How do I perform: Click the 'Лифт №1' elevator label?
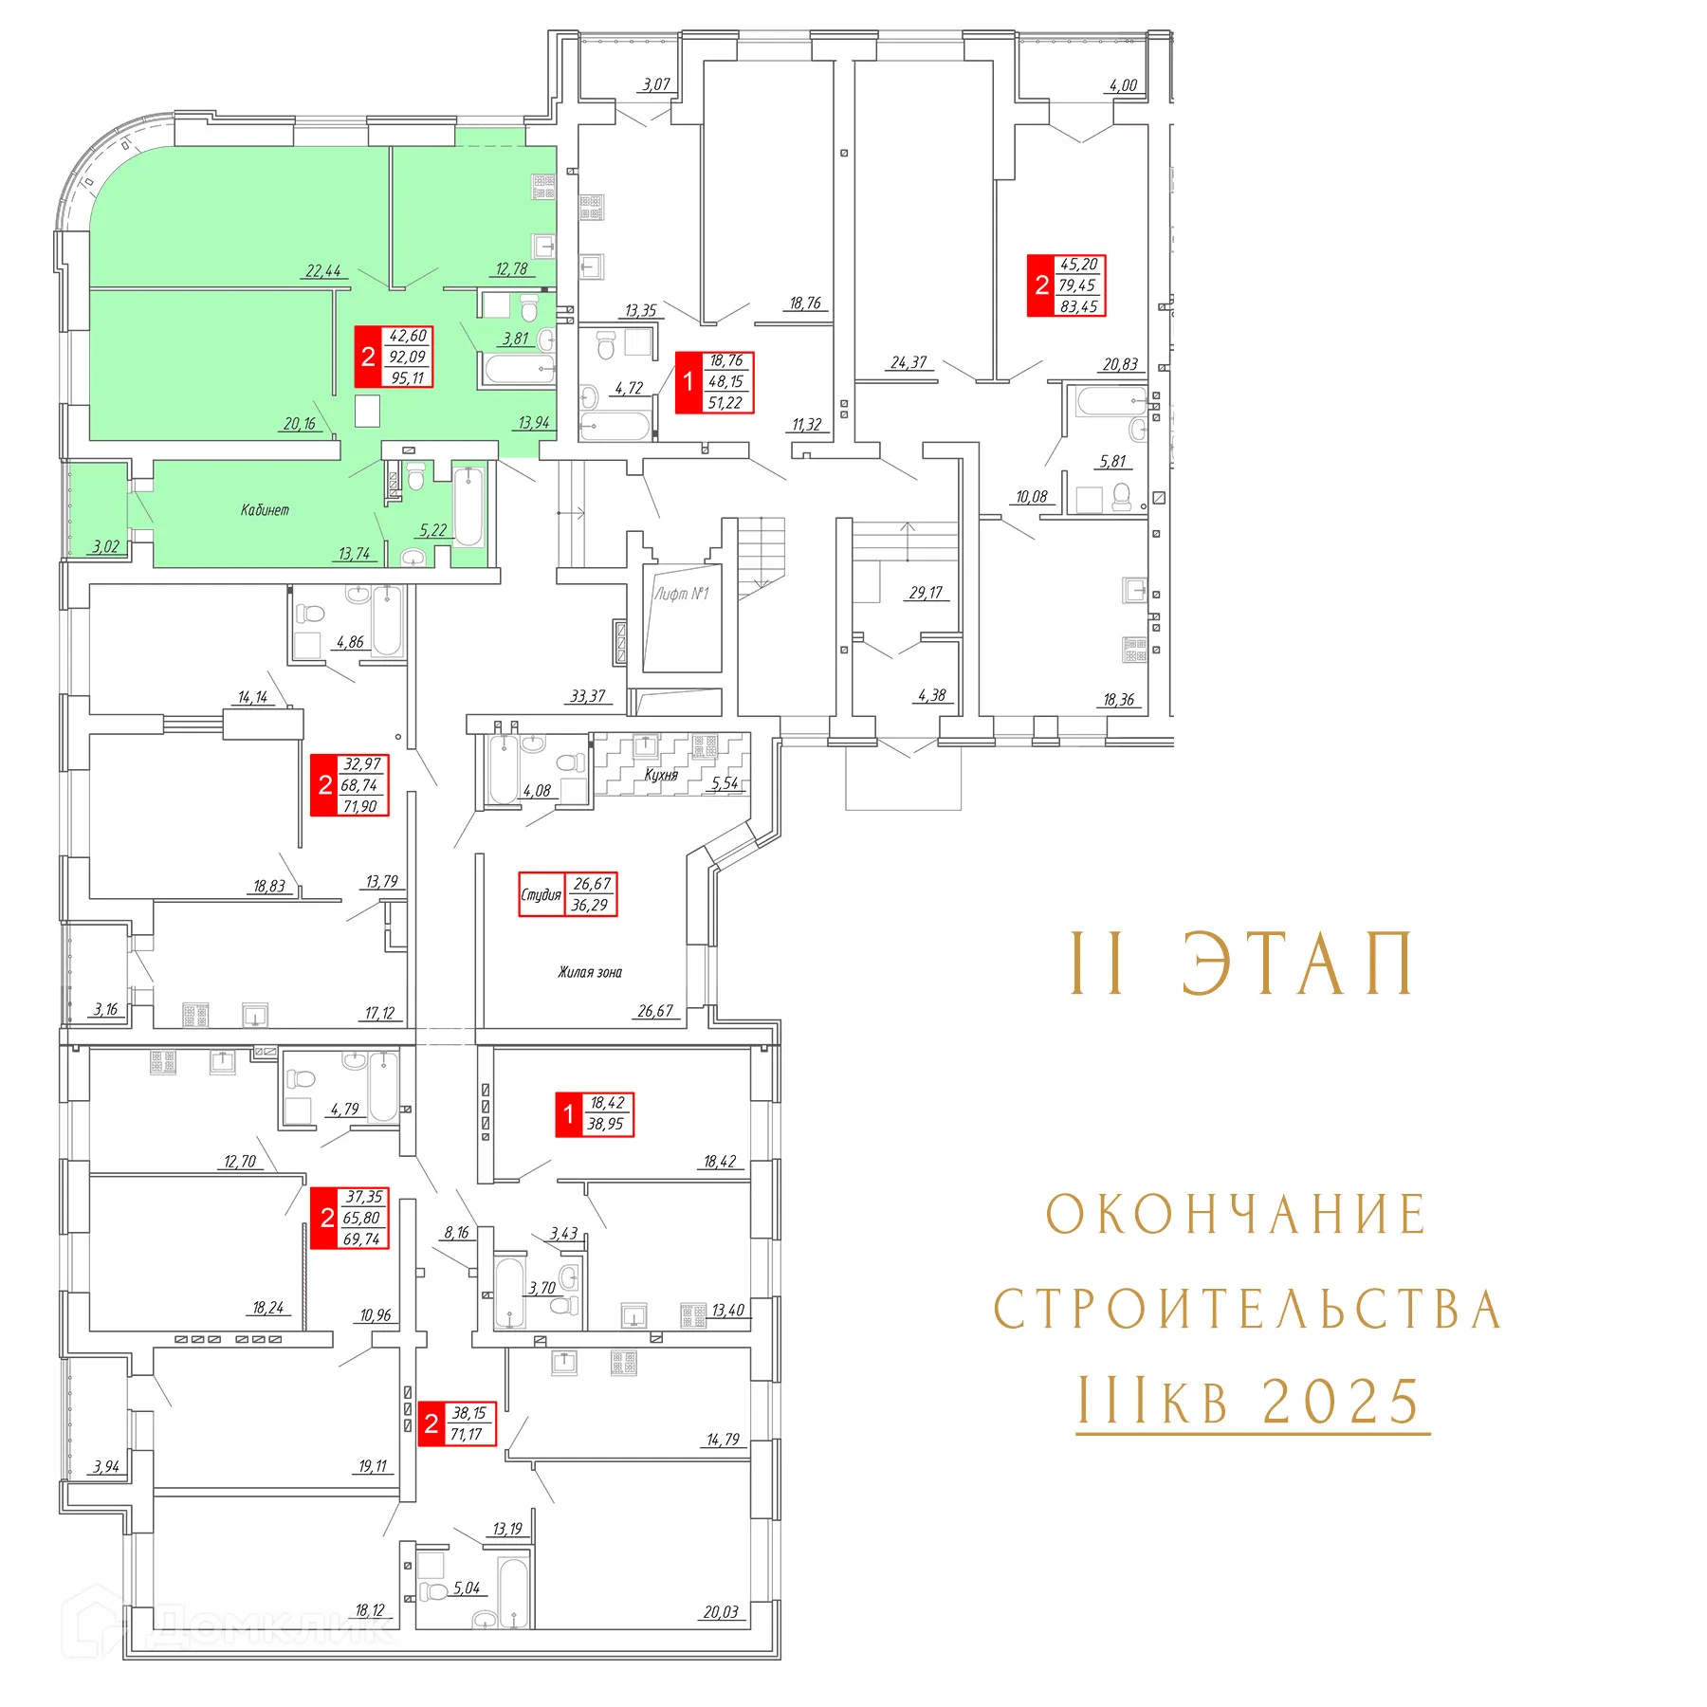[681, 594]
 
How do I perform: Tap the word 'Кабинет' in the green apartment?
[265, 510]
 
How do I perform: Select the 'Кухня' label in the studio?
[661, 775]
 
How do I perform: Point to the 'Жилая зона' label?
[590, 972]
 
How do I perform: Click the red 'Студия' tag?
[541, 894]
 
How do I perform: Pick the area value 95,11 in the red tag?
[408, 377]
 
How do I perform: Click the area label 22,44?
[323, 271]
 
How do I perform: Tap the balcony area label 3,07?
[656, 84]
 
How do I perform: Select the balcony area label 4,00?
[1123, 85]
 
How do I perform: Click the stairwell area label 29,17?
[926, 593]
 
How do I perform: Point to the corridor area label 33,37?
[588, 696]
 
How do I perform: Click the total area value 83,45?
[1078, 306]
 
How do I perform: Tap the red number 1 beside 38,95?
[568, 1114]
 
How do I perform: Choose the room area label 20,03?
[721, 1612]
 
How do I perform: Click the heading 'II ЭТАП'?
[1242, 964]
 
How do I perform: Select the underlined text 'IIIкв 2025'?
[1251, 1401]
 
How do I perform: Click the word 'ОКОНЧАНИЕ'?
[1237, 1215]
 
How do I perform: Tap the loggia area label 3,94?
[106, 1467]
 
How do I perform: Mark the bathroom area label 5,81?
[1112, 462]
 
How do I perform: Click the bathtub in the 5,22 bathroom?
[468, 507]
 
